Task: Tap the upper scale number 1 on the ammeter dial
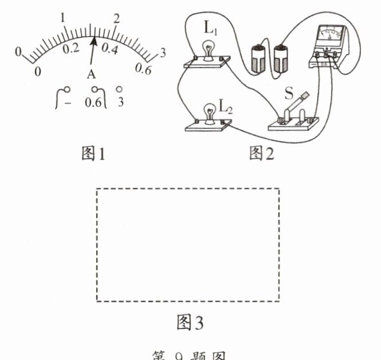click(x=64, y=18)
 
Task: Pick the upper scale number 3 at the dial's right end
click(x=163, y=53)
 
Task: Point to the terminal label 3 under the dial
click(x=120, y=103)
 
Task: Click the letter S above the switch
click(x=289, y=93)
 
